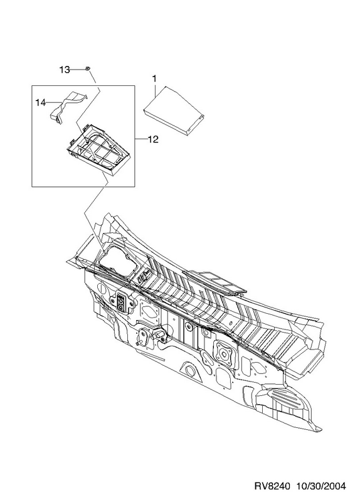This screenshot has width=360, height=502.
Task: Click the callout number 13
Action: [x=65, y=70]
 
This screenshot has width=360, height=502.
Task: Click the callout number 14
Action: [x=41, y=103]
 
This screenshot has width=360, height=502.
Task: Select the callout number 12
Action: [x=153, y=139]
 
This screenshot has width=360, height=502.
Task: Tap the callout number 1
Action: [x=154, y=78]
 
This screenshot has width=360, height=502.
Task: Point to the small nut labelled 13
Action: [x=87, y=68]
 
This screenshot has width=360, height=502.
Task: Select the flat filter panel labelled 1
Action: [x=174, y=110]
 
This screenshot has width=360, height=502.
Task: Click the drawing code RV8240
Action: [x=272, y=486]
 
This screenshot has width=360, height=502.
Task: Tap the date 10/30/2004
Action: [x=320, y=486]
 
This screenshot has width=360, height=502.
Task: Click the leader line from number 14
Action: [x=54, y=103]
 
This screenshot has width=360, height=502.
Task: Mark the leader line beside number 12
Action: [x=141, y=139]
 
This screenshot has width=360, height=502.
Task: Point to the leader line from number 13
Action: [x=78, y=69]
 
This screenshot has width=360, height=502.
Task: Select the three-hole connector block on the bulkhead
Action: [x=122, y=302]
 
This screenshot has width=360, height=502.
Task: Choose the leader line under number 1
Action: [x=154, y=90]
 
